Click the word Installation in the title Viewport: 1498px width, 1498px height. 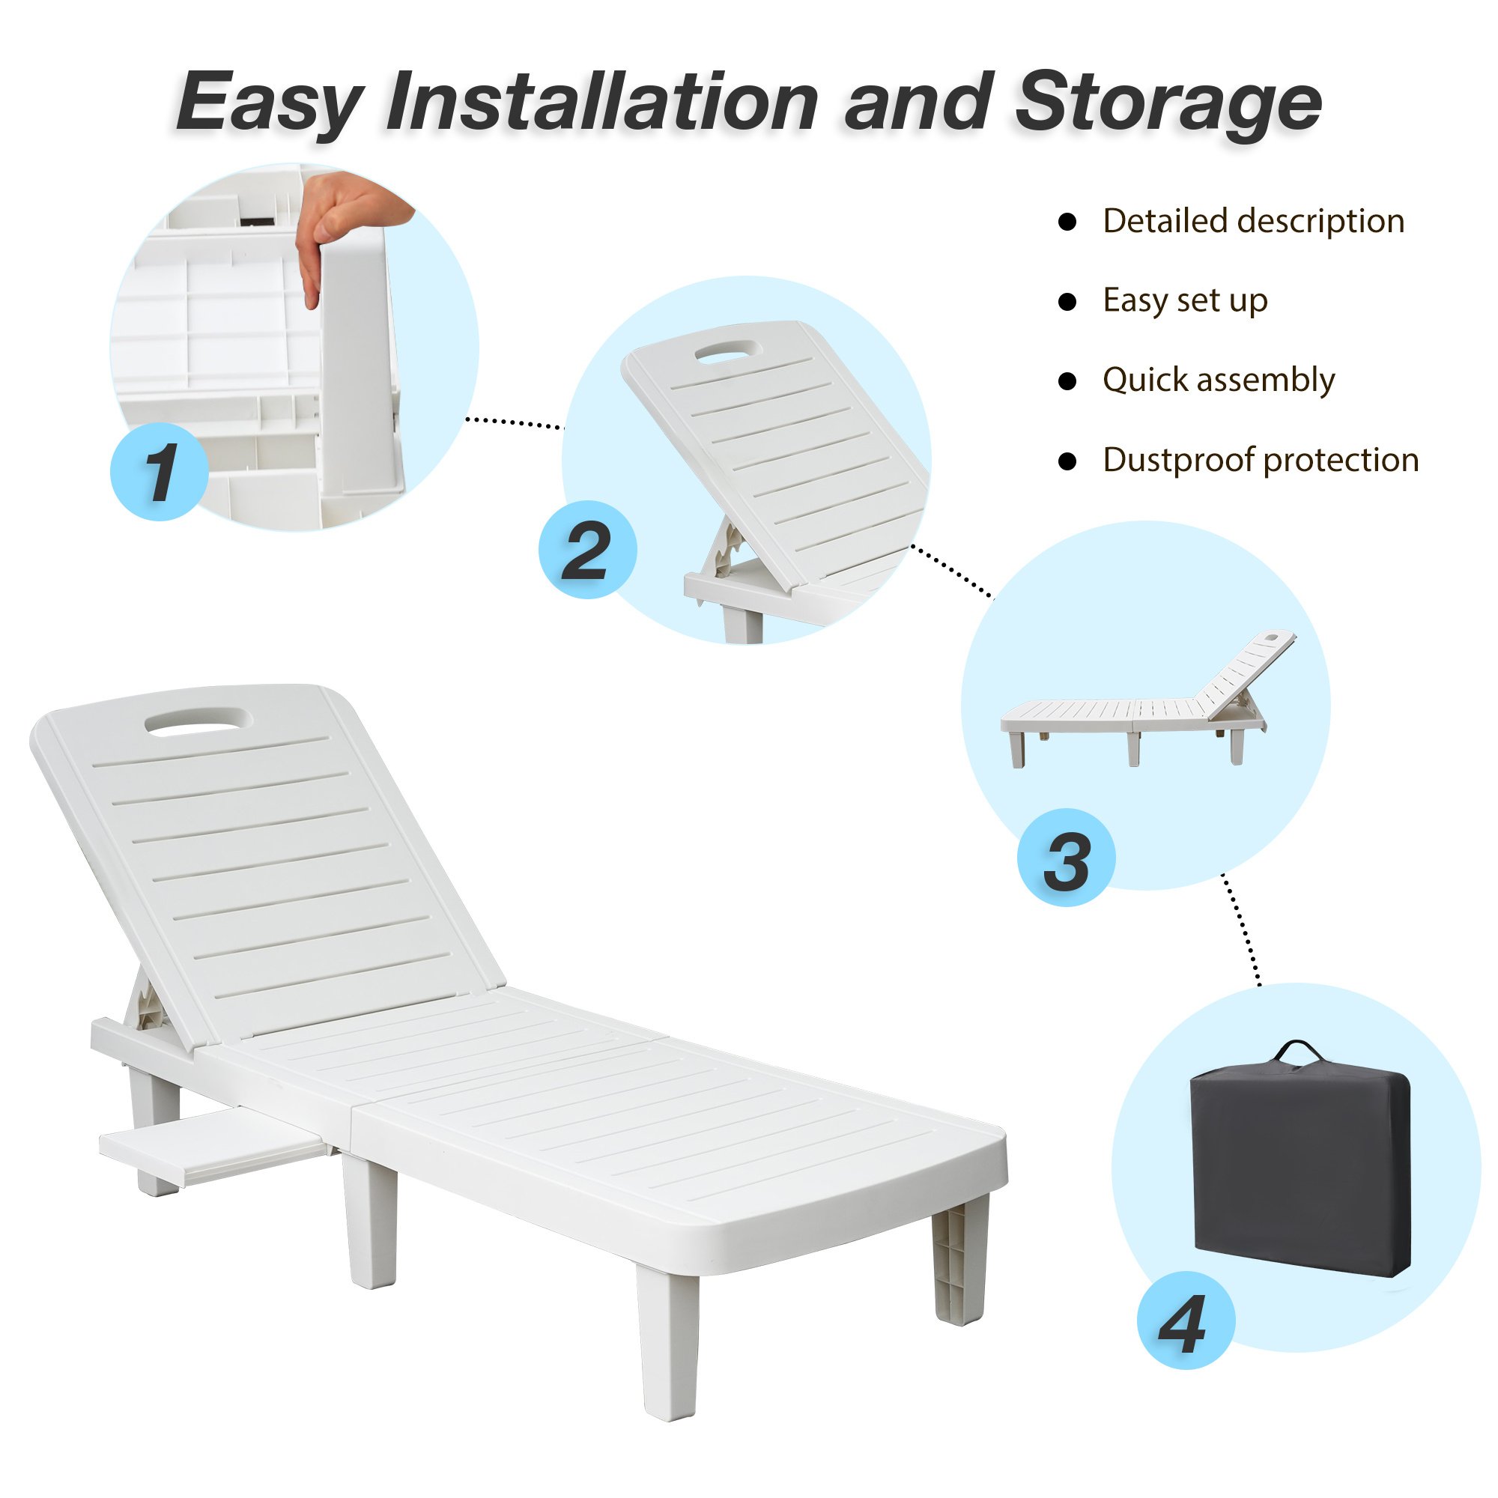601,102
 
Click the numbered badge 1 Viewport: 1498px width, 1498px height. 160,471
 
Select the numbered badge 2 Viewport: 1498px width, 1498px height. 588,549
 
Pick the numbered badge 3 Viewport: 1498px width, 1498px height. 1067,857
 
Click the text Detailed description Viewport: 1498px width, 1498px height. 1254,221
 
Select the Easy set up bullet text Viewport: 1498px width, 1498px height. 1186,301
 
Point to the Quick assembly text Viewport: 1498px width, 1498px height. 1219,380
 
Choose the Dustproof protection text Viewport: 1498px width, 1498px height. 1261,460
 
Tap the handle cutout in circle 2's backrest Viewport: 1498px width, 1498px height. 729,351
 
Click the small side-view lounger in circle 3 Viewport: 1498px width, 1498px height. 1147,699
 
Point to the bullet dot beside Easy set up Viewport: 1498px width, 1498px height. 1067,302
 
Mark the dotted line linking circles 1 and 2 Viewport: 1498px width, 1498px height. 513,423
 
